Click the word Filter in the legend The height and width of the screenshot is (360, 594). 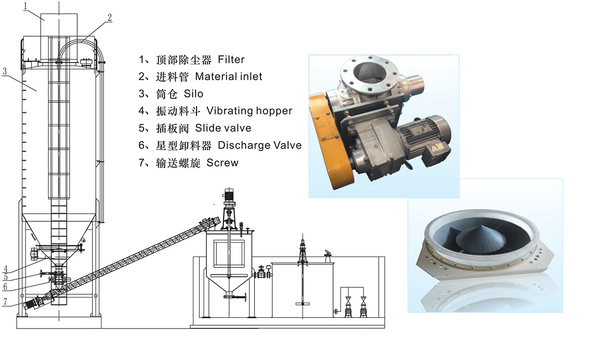click(x=231, y=59)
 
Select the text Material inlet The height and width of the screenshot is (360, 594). click(x=229, y=77)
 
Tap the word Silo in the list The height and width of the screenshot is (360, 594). click(x=194, y=94)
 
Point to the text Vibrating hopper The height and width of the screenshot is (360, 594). click(x=249, y=111)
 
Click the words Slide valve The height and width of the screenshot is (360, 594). click(x=223, y=128)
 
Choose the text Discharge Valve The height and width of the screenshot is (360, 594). click(x=259, y=146)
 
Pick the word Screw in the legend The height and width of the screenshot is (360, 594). click(x=222, y=162)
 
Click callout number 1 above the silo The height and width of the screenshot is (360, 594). click(x=25, y=6)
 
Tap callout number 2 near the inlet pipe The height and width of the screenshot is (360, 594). click(x=109, y=17)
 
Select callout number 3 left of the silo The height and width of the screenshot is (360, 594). click(x=4, y=71)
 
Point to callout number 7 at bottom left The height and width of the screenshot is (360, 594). click(x=5, y=302)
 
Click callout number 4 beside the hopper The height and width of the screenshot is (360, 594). click(x=5, y=268)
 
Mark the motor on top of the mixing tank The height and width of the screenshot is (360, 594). click(x=229, y=196)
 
